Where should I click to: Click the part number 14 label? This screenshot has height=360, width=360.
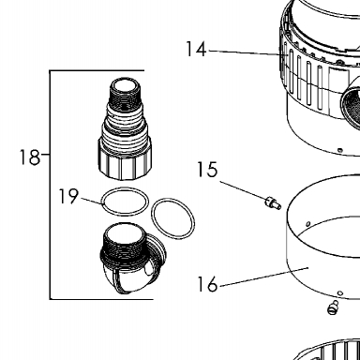click(196, 49)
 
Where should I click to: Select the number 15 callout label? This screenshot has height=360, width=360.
click(207, 170)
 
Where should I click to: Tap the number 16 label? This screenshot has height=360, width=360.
click(207, 284)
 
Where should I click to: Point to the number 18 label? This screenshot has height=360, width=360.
click(30, 157)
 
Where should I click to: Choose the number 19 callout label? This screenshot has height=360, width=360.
click(68, 196)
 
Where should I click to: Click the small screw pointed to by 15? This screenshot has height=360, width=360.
click(273, 202)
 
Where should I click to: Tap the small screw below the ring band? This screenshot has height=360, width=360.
click(333, 307)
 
